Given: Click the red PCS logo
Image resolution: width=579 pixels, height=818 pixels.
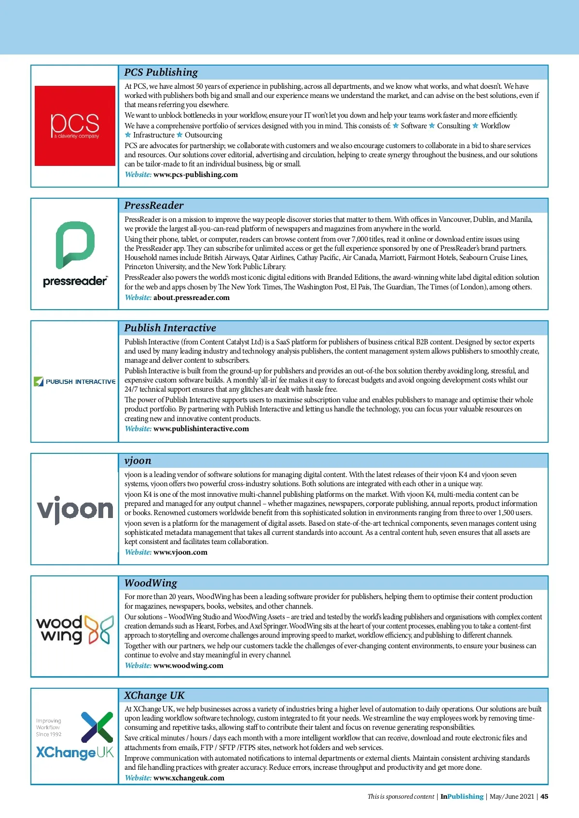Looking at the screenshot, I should click(x=75, y=125).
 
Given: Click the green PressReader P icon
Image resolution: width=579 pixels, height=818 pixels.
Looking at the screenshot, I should click(x=75, y=245).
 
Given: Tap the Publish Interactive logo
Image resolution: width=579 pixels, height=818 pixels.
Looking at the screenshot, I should click(x=75, y=382).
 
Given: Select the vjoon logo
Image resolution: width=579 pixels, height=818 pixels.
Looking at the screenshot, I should click(x=75, y=509).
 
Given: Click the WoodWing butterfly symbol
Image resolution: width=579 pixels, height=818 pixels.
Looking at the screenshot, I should click(x=100, y=629).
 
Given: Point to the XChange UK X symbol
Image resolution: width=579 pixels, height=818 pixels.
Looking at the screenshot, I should click(x=97, y=727).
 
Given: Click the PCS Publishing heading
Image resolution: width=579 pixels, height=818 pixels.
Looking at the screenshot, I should click(x=161, y=72).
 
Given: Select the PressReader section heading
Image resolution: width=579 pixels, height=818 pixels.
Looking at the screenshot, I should click(x=154, y=205).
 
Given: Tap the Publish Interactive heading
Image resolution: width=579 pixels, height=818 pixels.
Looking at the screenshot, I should click(x=170, y=328).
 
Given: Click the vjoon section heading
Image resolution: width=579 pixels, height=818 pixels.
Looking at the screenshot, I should click(x=138, y=461).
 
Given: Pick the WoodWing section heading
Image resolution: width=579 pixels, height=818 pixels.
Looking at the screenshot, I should click(x=151, y=583).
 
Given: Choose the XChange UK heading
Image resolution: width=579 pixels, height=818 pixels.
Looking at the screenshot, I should click(x=154, y=695).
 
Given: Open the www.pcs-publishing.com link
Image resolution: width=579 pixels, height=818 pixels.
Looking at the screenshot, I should click(x=195, y=175).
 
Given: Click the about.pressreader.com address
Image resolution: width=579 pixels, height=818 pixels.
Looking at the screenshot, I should click(x=192, y=298).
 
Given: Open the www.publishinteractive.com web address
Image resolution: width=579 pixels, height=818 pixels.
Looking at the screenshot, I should click(x=201, y=429).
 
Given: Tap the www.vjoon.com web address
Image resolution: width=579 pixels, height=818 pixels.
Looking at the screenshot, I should click(x=180, y=552).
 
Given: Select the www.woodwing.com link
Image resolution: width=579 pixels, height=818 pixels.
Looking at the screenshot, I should click(x=188, y=666).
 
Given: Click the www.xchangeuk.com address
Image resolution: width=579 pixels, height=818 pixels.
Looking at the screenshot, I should click(x=189, y=778).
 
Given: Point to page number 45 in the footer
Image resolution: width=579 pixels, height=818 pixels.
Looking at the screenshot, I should click(x=544, y=797).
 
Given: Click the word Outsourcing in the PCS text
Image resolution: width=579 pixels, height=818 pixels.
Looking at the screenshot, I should click(x=203, y=136).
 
